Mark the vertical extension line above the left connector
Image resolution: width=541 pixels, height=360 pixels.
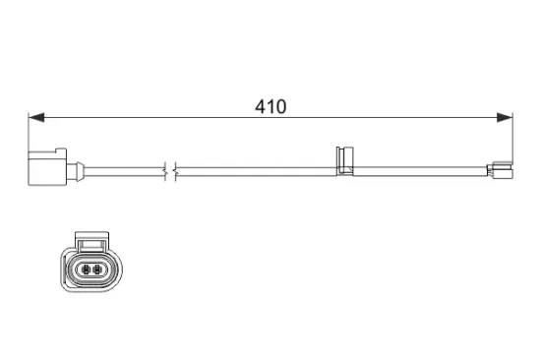click(29, 134)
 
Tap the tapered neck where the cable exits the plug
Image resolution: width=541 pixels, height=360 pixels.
click(75, 170)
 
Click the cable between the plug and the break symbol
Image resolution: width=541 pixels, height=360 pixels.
click(118, 170)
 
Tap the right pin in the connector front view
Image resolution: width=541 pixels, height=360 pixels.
click(97, 269)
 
